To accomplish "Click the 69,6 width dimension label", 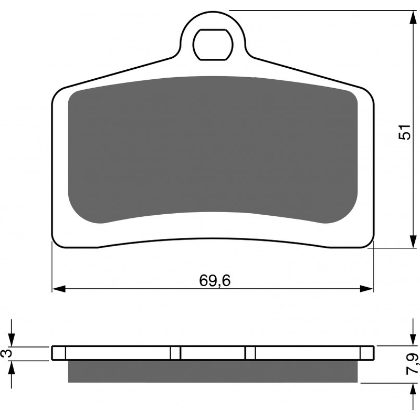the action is (215, 281).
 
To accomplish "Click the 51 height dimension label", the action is (404, 132).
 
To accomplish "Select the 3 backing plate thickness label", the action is (8, 353).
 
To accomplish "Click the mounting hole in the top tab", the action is (213, 44).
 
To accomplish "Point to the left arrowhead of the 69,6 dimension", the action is (59, 289).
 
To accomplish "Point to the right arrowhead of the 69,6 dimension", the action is (366, 289).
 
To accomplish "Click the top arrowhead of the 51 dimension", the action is (414, 17).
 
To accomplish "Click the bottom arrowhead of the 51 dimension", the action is (414, 241).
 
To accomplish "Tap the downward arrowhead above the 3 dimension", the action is (11, 340).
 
